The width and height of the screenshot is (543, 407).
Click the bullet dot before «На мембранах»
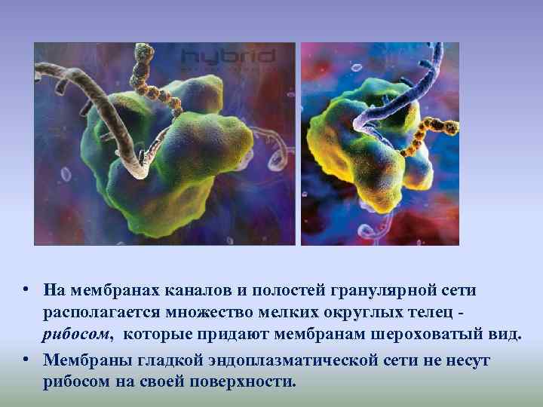[x=26, y=290]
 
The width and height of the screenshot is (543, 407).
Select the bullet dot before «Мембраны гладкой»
[x=26, y=360]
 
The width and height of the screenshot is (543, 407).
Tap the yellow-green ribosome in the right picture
[x=370, y=158]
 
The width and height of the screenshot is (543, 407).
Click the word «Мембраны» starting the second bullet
[x=78, y=360]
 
